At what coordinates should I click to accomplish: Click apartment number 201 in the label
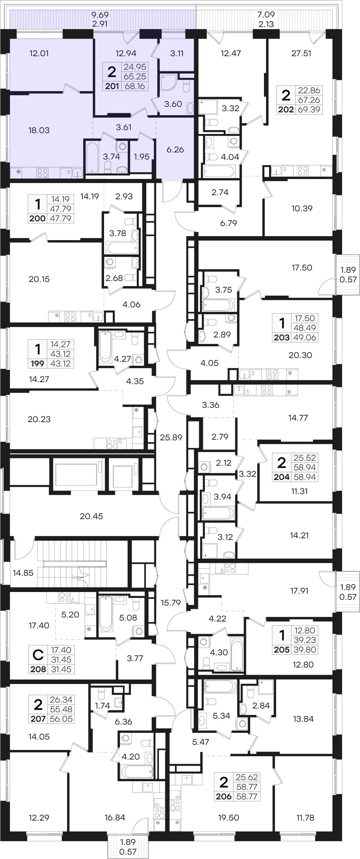(112, 86)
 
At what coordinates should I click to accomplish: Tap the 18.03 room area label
(39, 130)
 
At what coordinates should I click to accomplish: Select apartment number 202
(286, 109)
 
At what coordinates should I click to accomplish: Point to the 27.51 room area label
(301, 53)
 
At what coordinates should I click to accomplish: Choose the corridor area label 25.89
(171, 437)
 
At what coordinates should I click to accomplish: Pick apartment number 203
(282, 337)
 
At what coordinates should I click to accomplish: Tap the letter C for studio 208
(38, 655)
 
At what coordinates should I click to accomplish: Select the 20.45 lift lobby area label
(91, 516)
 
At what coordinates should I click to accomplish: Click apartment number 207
(38, 719)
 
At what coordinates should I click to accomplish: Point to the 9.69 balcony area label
(100, 15)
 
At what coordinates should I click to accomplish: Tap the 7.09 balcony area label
(266, 15)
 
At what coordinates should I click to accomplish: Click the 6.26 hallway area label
(175, 150)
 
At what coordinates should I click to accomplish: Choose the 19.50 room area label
(228, 817)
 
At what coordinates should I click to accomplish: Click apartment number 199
(37, 364)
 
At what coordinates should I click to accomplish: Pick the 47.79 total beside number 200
(61, 219)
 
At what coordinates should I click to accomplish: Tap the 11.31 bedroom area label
(299, 491)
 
